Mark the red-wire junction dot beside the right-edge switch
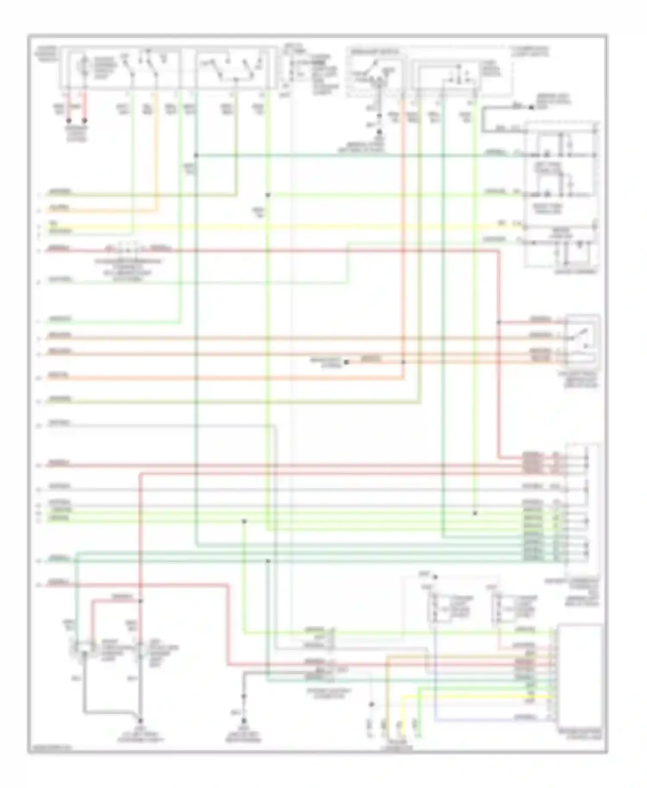pyautogui.click(x=499, y=322)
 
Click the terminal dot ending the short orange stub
pyautogui.click(x=346, y=363)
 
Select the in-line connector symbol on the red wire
pyautogui.click(x=127, y=249)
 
